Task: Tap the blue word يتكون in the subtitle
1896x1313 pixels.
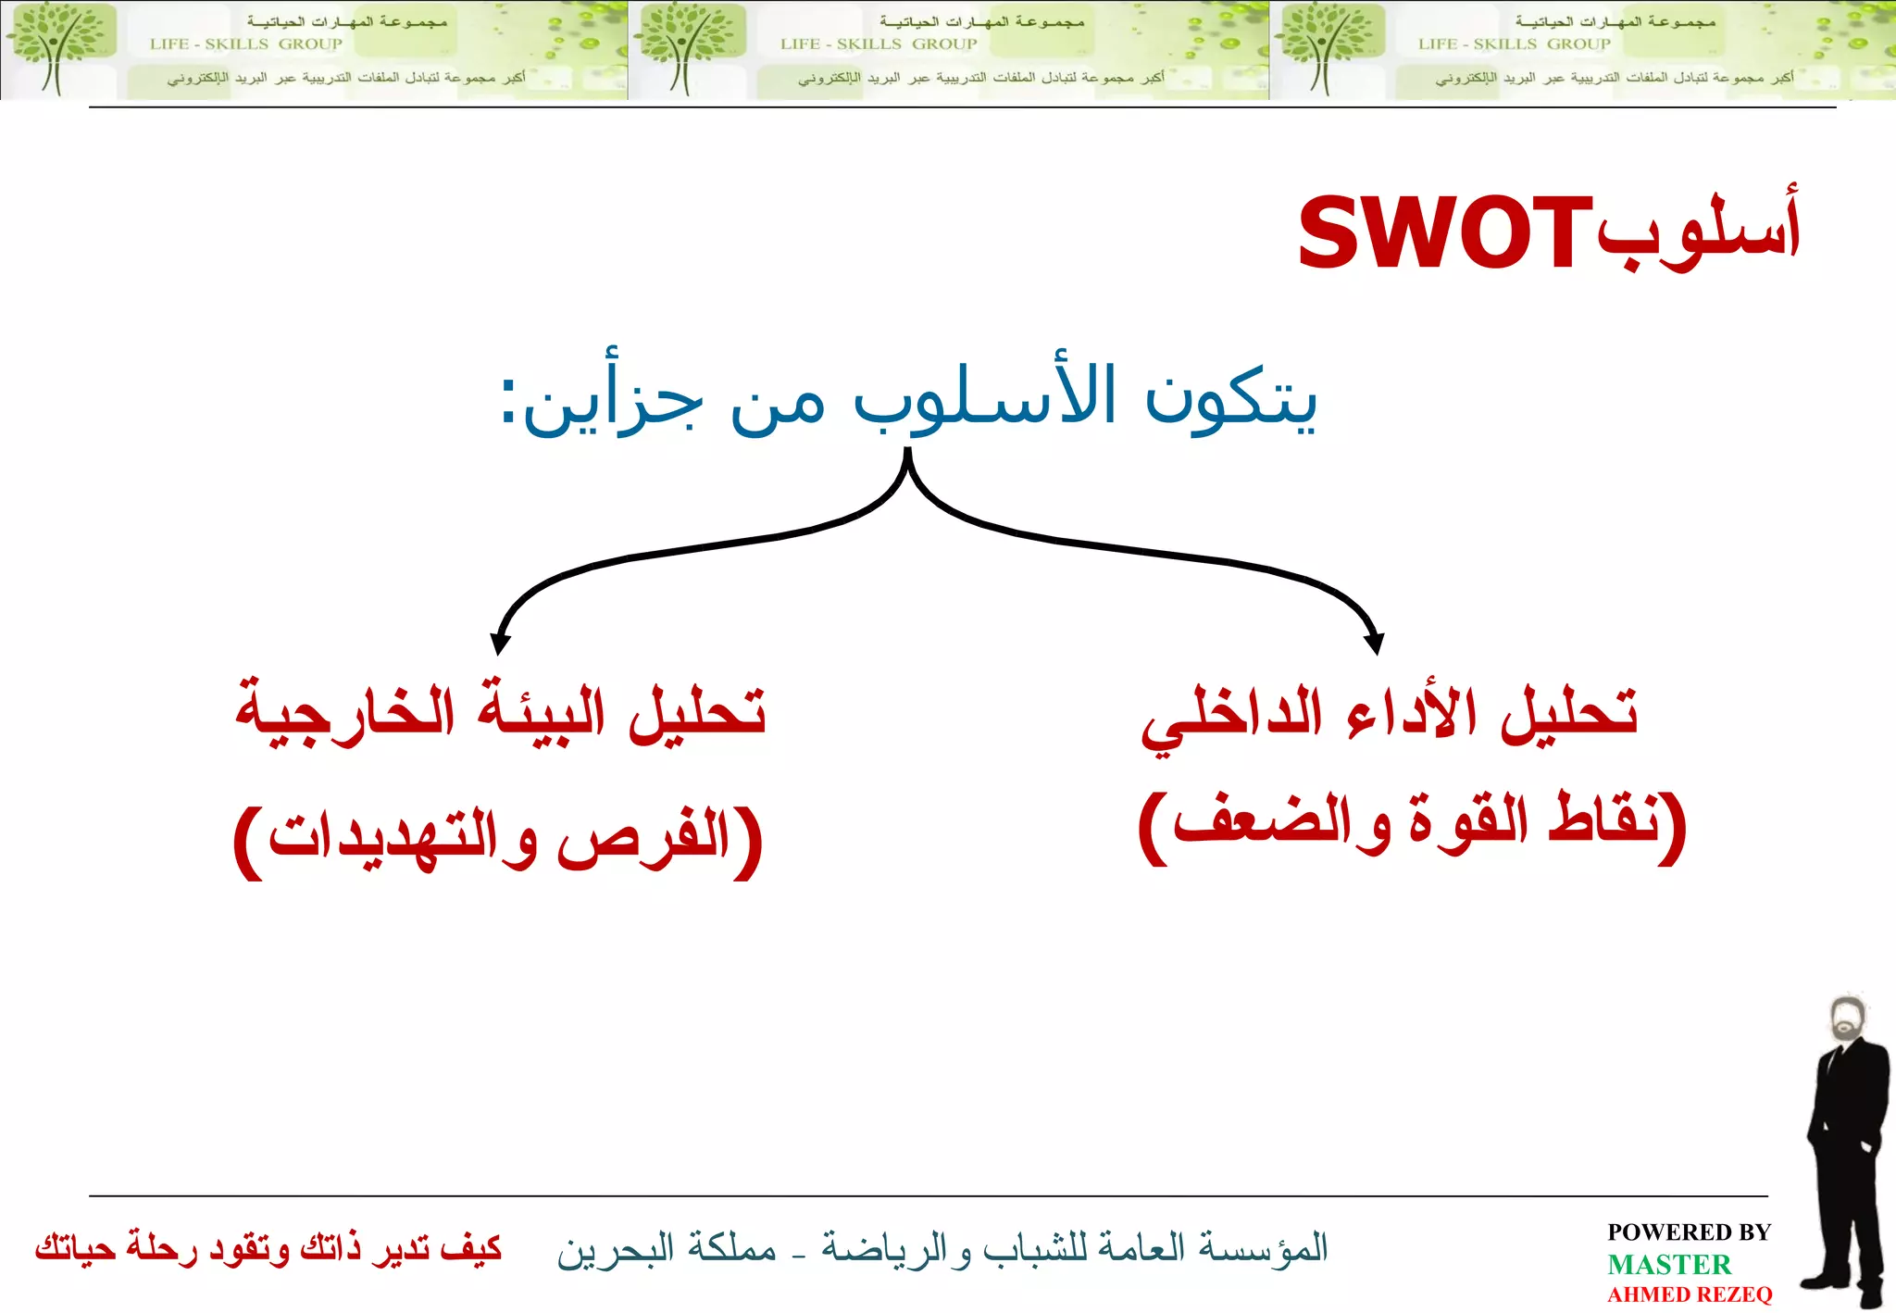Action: tap(1231, 400)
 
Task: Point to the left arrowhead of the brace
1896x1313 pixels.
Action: tap(500, 644)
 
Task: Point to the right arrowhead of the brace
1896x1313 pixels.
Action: tap(1375, 644)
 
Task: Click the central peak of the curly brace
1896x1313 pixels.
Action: tap(907, 456)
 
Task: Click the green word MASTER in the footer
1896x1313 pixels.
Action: tap(1668, 1264)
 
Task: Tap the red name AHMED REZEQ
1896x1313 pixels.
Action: tap(1690, 1294)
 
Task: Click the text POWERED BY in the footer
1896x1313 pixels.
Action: tap(1689, 1232)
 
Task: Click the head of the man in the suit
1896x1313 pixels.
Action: tap(1849, 1019)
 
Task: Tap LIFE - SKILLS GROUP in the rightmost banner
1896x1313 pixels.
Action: tap(1514, 44)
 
